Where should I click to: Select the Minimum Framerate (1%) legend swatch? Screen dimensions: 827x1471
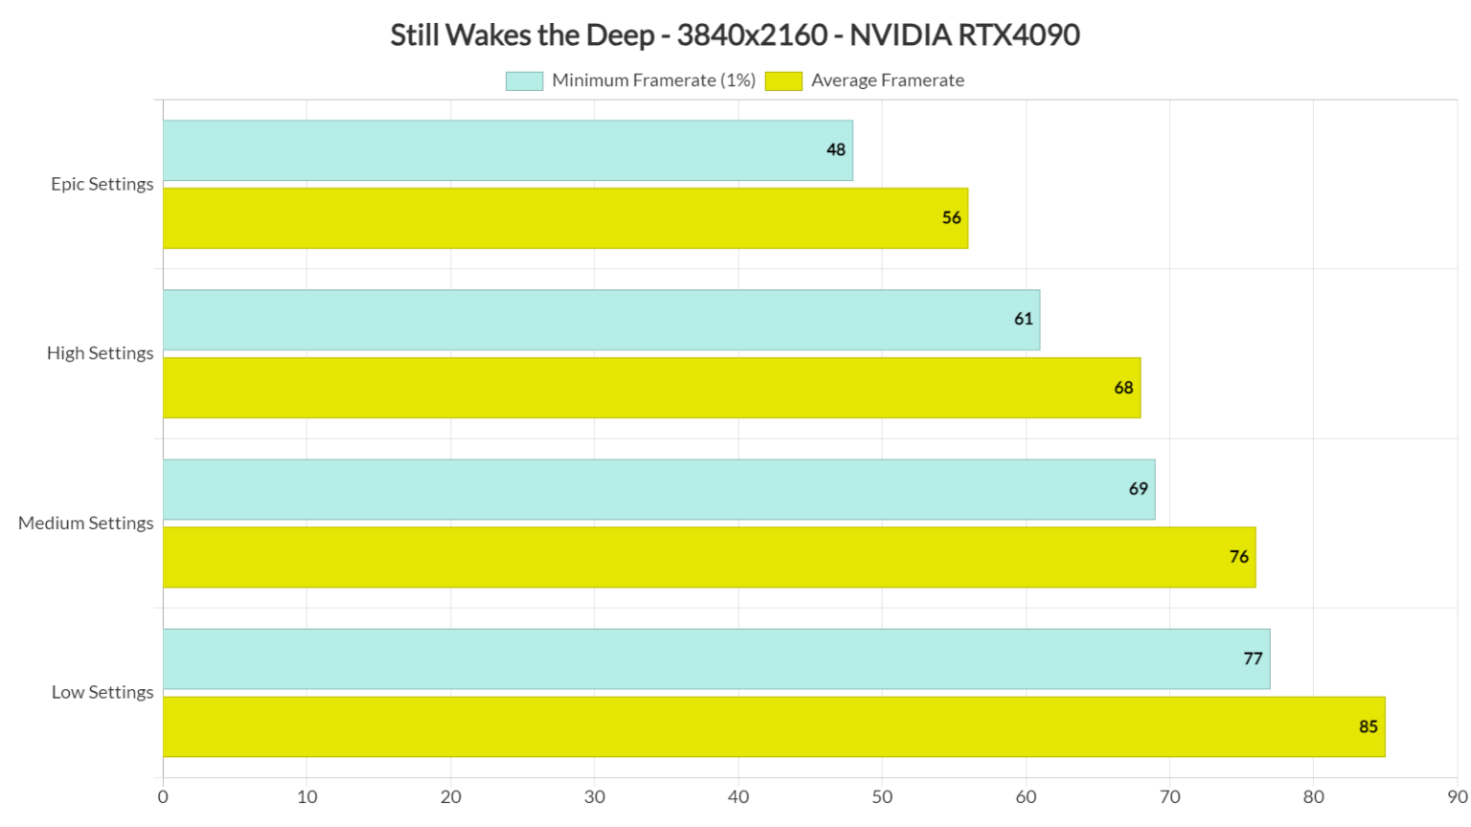click(524, 81)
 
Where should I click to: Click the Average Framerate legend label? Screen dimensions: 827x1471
click(887, 81)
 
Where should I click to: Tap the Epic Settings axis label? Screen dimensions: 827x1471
click(102, 184)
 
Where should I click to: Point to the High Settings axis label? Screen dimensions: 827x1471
click(100, 353)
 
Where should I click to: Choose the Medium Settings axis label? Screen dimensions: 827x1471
click(85, 523)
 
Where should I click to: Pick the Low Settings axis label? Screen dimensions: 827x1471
click(102, 692)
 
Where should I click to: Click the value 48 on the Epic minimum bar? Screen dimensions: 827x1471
click(836, 150)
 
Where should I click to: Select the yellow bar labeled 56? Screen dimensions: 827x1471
click(565, 218)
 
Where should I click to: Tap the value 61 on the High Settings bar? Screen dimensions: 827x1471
click(1024, 320)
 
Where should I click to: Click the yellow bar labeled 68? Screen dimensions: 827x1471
click(651, 388)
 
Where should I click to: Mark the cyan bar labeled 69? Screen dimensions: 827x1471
click(659, 489)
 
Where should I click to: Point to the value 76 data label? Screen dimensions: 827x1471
click(1238, 557)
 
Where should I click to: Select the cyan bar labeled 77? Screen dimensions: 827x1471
click(716, 659)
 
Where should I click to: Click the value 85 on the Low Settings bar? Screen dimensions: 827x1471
click(1368, 727)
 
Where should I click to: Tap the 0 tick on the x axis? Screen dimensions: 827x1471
click(163, 797)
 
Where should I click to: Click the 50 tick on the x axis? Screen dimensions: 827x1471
click(882, 797)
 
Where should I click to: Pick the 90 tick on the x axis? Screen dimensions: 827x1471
click(1457, 797)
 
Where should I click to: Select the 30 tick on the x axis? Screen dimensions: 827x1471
click(595, 797)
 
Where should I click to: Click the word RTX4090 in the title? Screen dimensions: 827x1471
click(1019, 35)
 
